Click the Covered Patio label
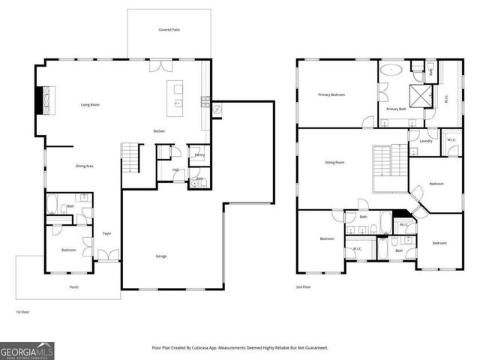click(169, 30)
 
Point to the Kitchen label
click(159, 131)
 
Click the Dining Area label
click(84, 166)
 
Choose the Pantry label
click(199, 154)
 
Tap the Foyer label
click(107, 233)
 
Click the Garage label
click(161, 256)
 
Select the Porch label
click(73, 286)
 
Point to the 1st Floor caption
click(23, 311)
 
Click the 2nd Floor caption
click(304, 286)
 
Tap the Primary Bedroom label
click(331, 95)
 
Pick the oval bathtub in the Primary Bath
click(391, 70)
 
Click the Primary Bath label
click(396, 109)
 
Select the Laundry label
click(425, 141)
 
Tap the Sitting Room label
click(334, 162)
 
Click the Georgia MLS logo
click(27, 350)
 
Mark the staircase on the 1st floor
click(131, 157)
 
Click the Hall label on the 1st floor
click(175, 169)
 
